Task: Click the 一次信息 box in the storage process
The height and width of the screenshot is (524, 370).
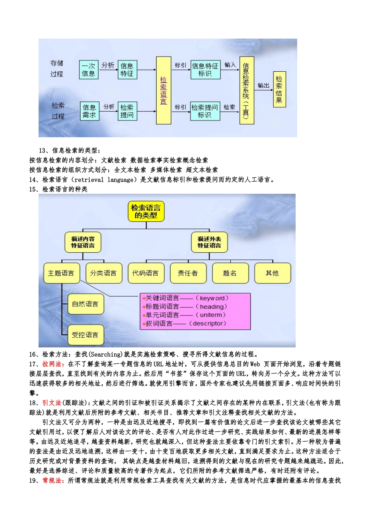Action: point(88,70)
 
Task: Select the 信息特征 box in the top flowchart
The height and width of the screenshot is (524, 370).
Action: point(127,70)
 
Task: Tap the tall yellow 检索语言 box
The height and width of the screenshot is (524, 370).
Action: point(164,90)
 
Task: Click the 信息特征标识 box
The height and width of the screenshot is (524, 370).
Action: point(205,70)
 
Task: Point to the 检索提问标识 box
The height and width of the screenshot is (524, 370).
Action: point(205,111)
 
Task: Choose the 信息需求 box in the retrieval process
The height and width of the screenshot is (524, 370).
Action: point(89,111)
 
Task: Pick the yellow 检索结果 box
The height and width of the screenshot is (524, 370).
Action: point(279,90)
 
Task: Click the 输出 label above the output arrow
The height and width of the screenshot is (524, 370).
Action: point(264,85)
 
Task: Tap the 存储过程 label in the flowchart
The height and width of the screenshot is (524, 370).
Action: point(57,69)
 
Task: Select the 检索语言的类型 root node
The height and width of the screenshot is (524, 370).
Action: point(146,211)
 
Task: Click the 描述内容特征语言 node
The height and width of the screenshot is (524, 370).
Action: point(83,242)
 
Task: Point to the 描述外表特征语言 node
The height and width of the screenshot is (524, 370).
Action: point(209,242)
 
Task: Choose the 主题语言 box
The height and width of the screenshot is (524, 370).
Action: point(61,273)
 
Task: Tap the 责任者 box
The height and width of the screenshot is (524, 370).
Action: point(188,273)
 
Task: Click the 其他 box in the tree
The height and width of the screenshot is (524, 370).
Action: point(272,273)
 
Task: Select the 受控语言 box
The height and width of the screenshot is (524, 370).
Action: point(85,335)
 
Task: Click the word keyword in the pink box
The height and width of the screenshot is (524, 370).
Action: point(212,298)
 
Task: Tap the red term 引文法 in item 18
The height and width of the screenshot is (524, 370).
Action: point(52,403)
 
